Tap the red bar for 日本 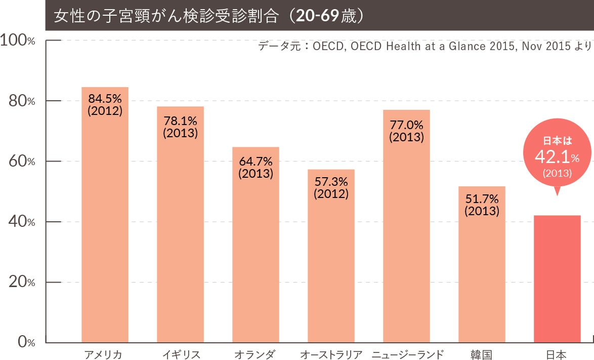click(x=557, y=278)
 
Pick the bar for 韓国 click(x=482, y=273)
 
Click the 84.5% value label click(x=105, y=98)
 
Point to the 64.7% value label click(x=256, y=162)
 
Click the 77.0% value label click(x=406, y=125)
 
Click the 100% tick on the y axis click(x=18, y=41)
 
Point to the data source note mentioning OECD click(x=424, y=47)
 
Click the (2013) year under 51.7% click(x=482, y=211)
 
